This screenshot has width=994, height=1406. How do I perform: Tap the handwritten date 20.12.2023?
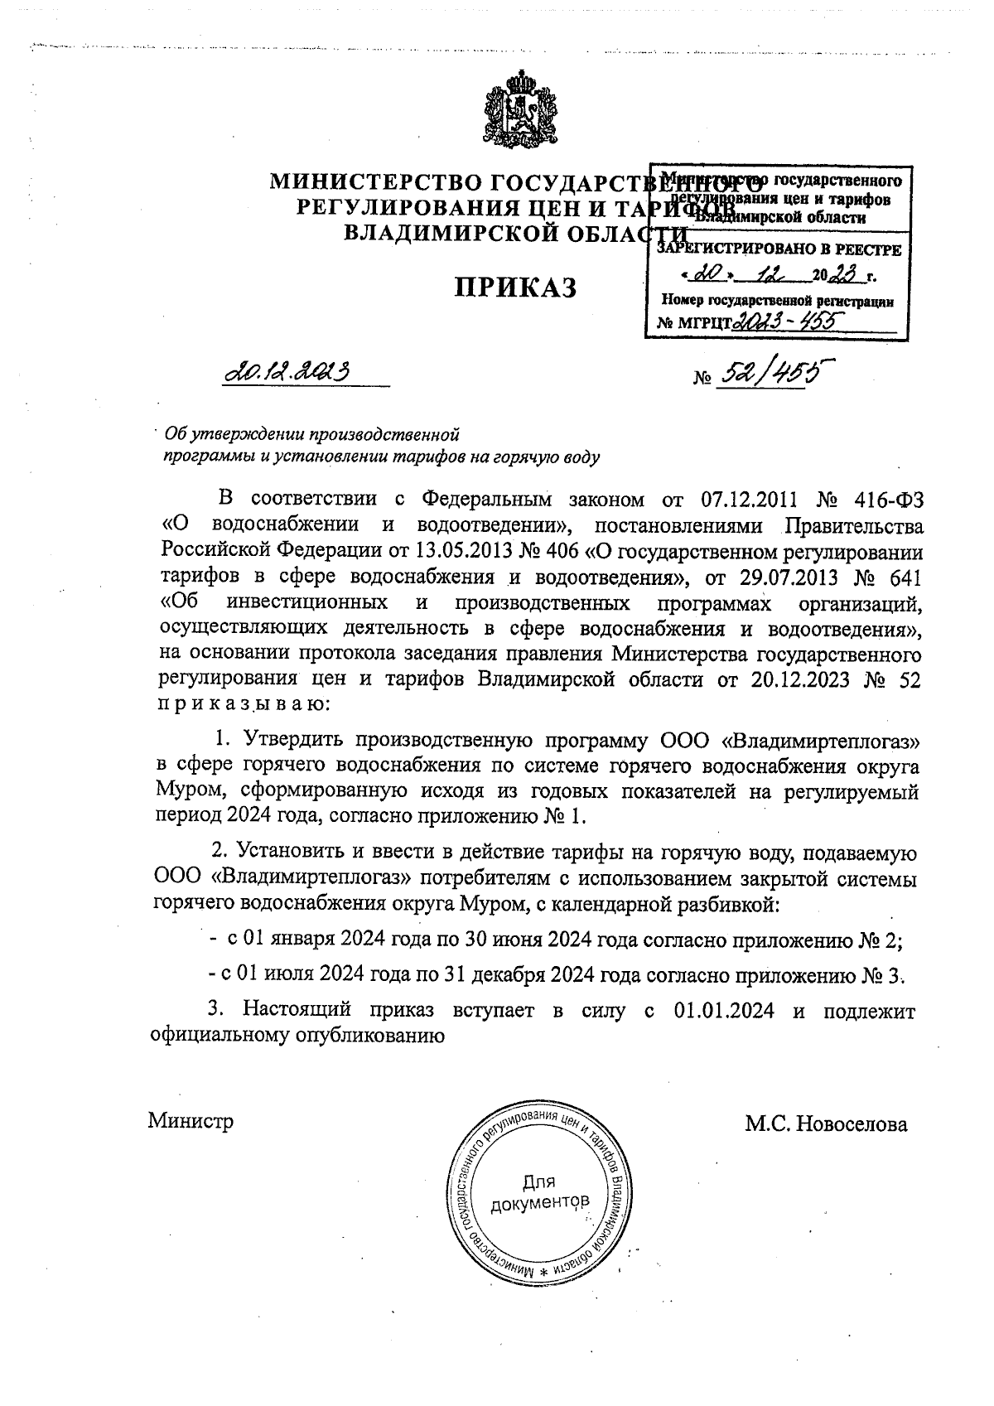(x=283, y=372)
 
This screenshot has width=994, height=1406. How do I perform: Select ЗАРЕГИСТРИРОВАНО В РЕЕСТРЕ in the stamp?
(x=779, y=249)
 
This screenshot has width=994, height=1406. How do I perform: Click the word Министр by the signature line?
(x=191, y=1122)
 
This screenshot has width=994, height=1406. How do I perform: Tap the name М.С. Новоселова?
(x=826, y=1124)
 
